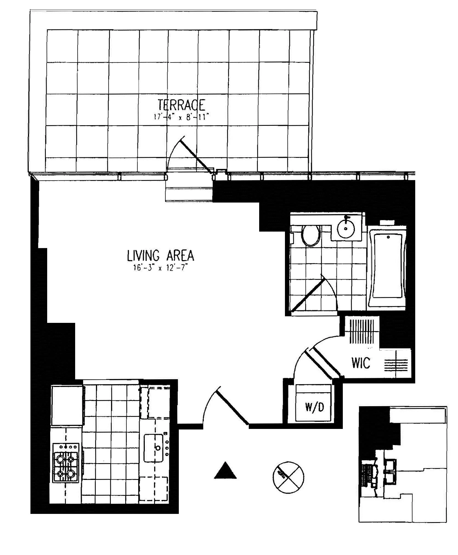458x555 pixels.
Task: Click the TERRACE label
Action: [x=182, y=105]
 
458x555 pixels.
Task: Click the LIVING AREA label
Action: [x=161, y=256]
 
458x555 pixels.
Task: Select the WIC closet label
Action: [x=361, y=363]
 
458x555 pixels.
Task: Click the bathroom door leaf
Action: [x=308, y=295]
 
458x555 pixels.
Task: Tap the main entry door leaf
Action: [x=233, y=407]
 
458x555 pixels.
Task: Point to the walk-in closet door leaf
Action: [x=321, y=363]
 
